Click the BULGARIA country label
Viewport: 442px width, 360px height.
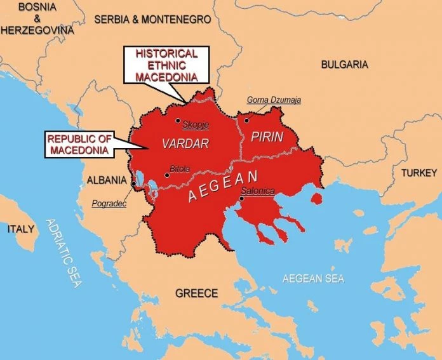[344, 64]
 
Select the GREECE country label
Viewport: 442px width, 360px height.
[196, 293]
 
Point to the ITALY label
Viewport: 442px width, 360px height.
[21, 229]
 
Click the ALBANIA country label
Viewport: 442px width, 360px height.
[107, 180]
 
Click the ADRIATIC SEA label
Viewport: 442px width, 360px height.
[64, 253]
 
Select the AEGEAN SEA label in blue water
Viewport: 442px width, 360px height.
[312, 279]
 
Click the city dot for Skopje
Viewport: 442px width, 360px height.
[178, 121]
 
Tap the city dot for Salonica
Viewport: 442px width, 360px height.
[241, 199]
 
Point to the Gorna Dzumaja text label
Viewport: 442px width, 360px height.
[274, 100]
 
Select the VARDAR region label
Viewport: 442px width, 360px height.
[185, 143]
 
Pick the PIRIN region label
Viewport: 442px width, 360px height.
[267, 137]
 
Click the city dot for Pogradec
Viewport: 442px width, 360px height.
[133, 184]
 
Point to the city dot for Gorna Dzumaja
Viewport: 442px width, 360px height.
[246, 118]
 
